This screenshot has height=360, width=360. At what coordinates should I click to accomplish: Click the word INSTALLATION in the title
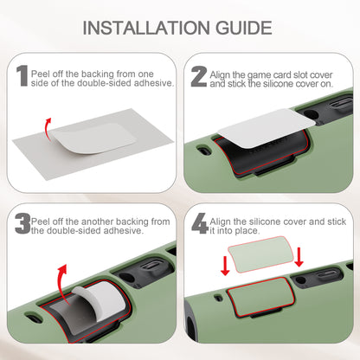point(146,28)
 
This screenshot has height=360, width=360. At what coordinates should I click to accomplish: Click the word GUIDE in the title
point(244,28)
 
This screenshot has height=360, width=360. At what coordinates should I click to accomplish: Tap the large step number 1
point(22,75)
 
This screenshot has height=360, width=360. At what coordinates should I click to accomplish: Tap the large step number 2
point(199,76)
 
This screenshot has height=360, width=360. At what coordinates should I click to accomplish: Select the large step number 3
point(22,223)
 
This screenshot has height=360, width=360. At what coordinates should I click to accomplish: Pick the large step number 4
point(200,223)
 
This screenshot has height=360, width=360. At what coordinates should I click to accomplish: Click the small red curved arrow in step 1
point(47,129)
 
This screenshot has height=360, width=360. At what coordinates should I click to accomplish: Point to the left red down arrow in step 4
point(225,267)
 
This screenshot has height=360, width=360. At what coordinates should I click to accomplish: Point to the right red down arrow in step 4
point(299,257)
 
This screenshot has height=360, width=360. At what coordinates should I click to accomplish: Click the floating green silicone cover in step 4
point(260,254)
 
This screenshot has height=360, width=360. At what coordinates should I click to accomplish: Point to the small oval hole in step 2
point(205,150)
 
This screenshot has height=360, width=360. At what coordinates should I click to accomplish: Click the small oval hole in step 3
point(35,318)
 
